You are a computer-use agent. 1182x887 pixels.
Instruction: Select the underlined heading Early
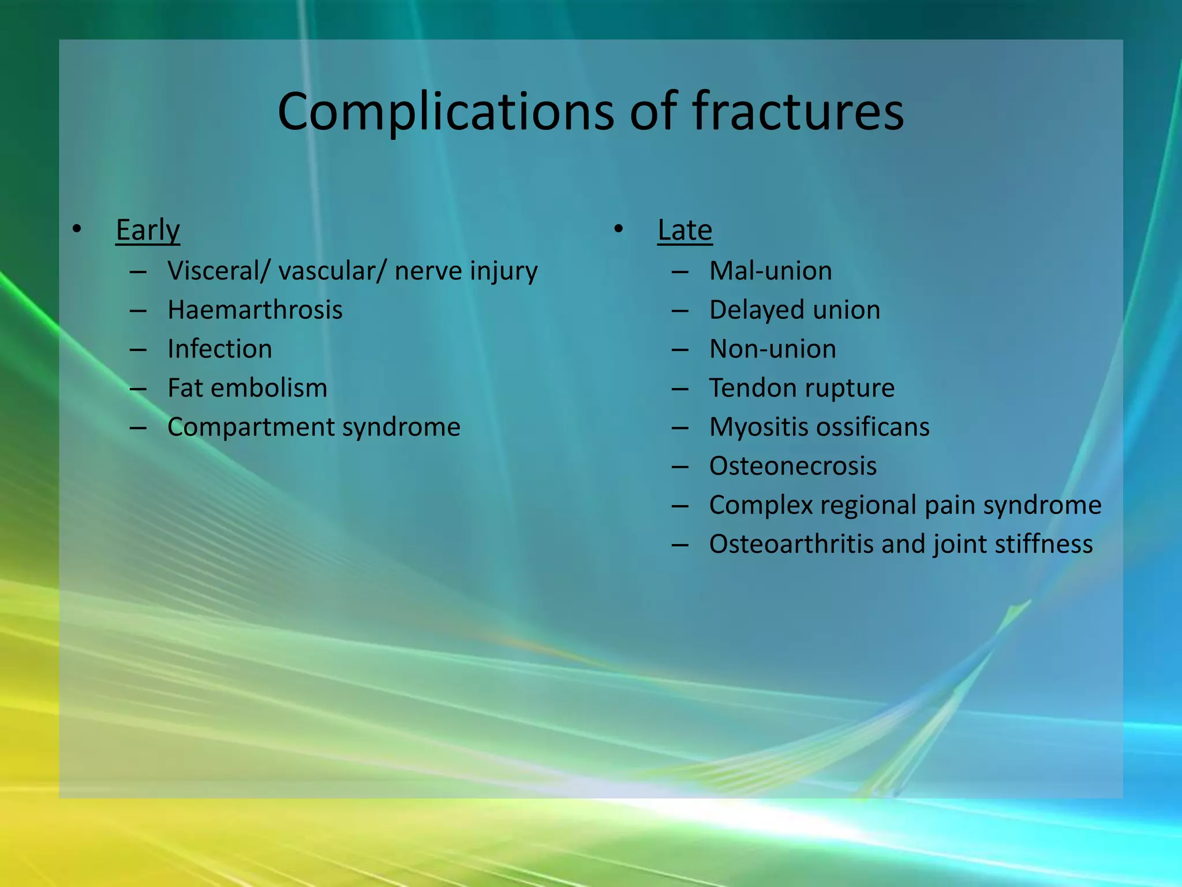click(x=148, y=230)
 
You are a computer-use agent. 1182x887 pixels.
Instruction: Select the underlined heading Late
click(x=684, y=230)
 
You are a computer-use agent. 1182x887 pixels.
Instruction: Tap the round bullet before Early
click(x=77, y=230)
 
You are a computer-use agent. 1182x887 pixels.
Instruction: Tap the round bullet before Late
click(x=619, y=230)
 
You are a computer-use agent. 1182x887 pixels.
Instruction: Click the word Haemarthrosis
click(x=255, y=310)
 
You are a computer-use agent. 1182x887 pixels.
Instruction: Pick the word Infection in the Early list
click(x=219, y=349)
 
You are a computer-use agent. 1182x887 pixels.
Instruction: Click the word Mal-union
click(x=770, y=271)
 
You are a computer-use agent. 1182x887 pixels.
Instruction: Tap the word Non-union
click(x=772, y=349)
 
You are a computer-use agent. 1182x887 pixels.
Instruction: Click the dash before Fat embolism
click(x=138, y=389)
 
